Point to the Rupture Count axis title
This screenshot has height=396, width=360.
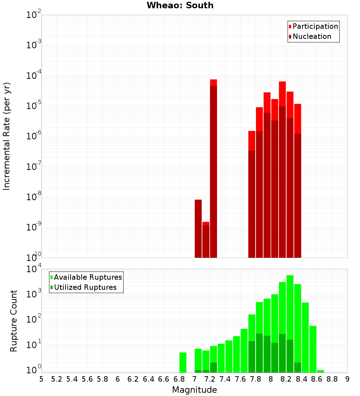pos(14,320)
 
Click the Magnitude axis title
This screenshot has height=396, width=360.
pos(194,390)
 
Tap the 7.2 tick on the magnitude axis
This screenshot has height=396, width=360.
pos(210,379)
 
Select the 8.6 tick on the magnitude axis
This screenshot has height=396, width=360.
pos(317,379)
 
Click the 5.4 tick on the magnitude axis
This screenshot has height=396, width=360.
pos(72,379)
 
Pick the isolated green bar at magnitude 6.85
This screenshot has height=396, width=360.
pos(183,363)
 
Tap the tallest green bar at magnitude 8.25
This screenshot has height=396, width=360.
pos(290,324)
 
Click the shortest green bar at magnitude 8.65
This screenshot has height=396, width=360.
pos(320,371)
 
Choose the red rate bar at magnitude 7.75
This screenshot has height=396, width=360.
pos(252,194)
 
